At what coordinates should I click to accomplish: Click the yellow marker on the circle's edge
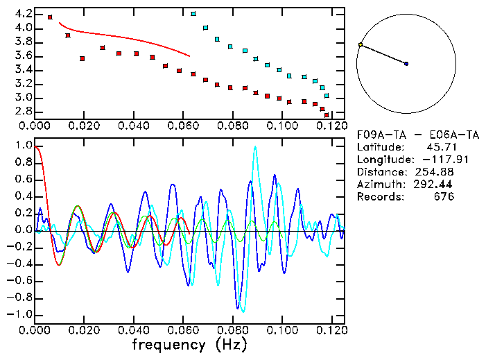pyautogui.click(x=361, y=45)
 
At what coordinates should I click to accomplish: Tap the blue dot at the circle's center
pyautogui.click(x=406, y=64)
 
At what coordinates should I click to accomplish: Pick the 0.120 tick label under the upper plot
pyautogui.click(x=331, y=127)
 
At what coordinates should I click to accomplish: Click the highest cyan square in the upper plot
pyautogui.click(x=193, y=14)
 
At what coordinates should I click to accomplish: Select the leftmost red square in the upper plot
pyautogui.click(x=50, y=17)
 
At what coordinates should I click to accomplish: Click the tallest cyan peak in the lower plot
pyautogui.click(x=256, y=147)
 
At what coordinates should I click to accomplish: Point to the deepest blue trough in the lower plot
pyautogui.click(x=239, y=309)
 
